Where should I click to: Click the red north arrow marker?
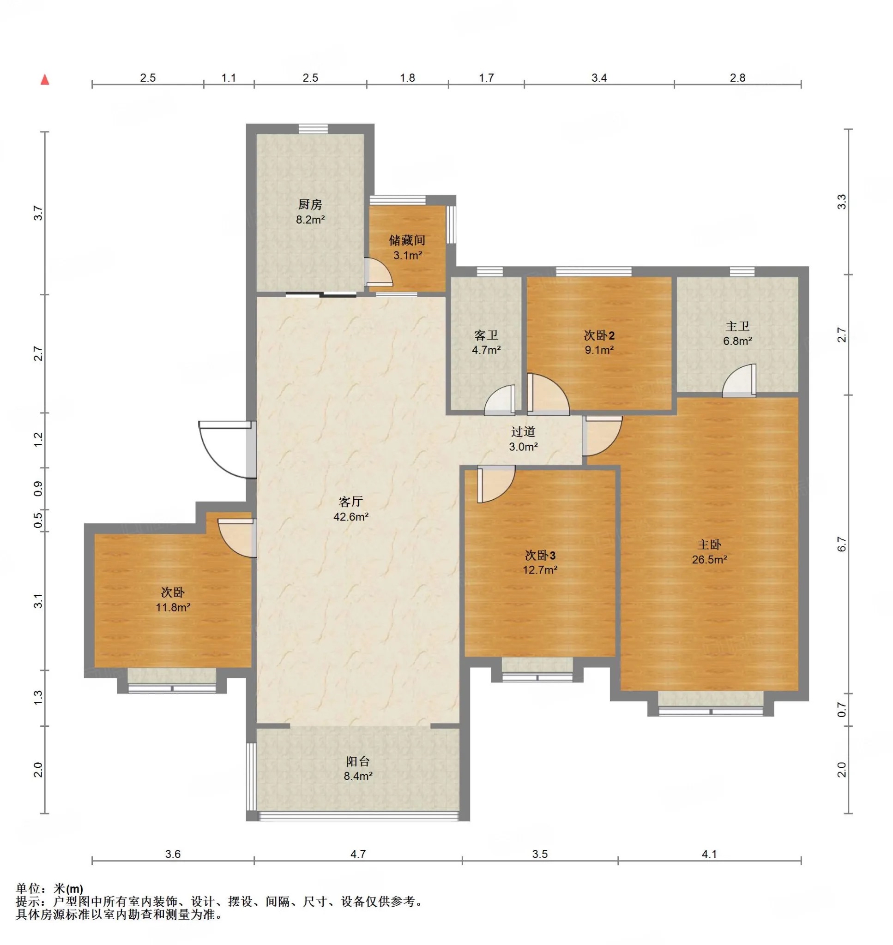(45, 79)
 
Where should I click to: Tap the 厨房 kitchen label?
(310, 204)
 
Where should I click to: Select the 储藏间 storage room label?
(407, 240)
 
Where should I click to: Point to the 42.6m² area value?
(351, 516)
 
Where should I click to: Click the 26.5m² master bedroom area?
(709, 559)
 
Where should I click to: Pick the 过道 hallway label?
(523, 431)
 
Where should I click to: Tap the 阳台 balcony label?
(357, 761)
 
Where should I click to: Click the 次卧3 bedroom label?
(540, 555)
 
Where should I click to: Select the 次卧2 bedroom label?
(599, 335)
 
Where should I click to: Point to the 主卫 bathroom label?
(737, 326)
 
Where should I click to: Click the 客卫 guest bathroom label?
(486, 335)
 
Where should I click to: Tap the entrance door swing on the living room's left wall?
(226, 449)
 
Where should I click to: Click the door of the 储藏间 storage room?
(379, 272)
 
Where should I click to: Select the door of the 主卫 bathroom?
(739, 381)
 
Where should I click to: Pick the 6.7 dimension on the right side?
(842, 544)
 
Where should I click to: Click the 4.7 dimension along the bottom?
(358, 854)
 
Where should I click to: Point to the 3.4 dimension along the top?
(599, 78)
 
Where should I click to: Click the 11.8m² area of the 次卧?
(173, 607)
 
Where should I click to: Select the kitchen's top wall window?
(313, 129)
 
